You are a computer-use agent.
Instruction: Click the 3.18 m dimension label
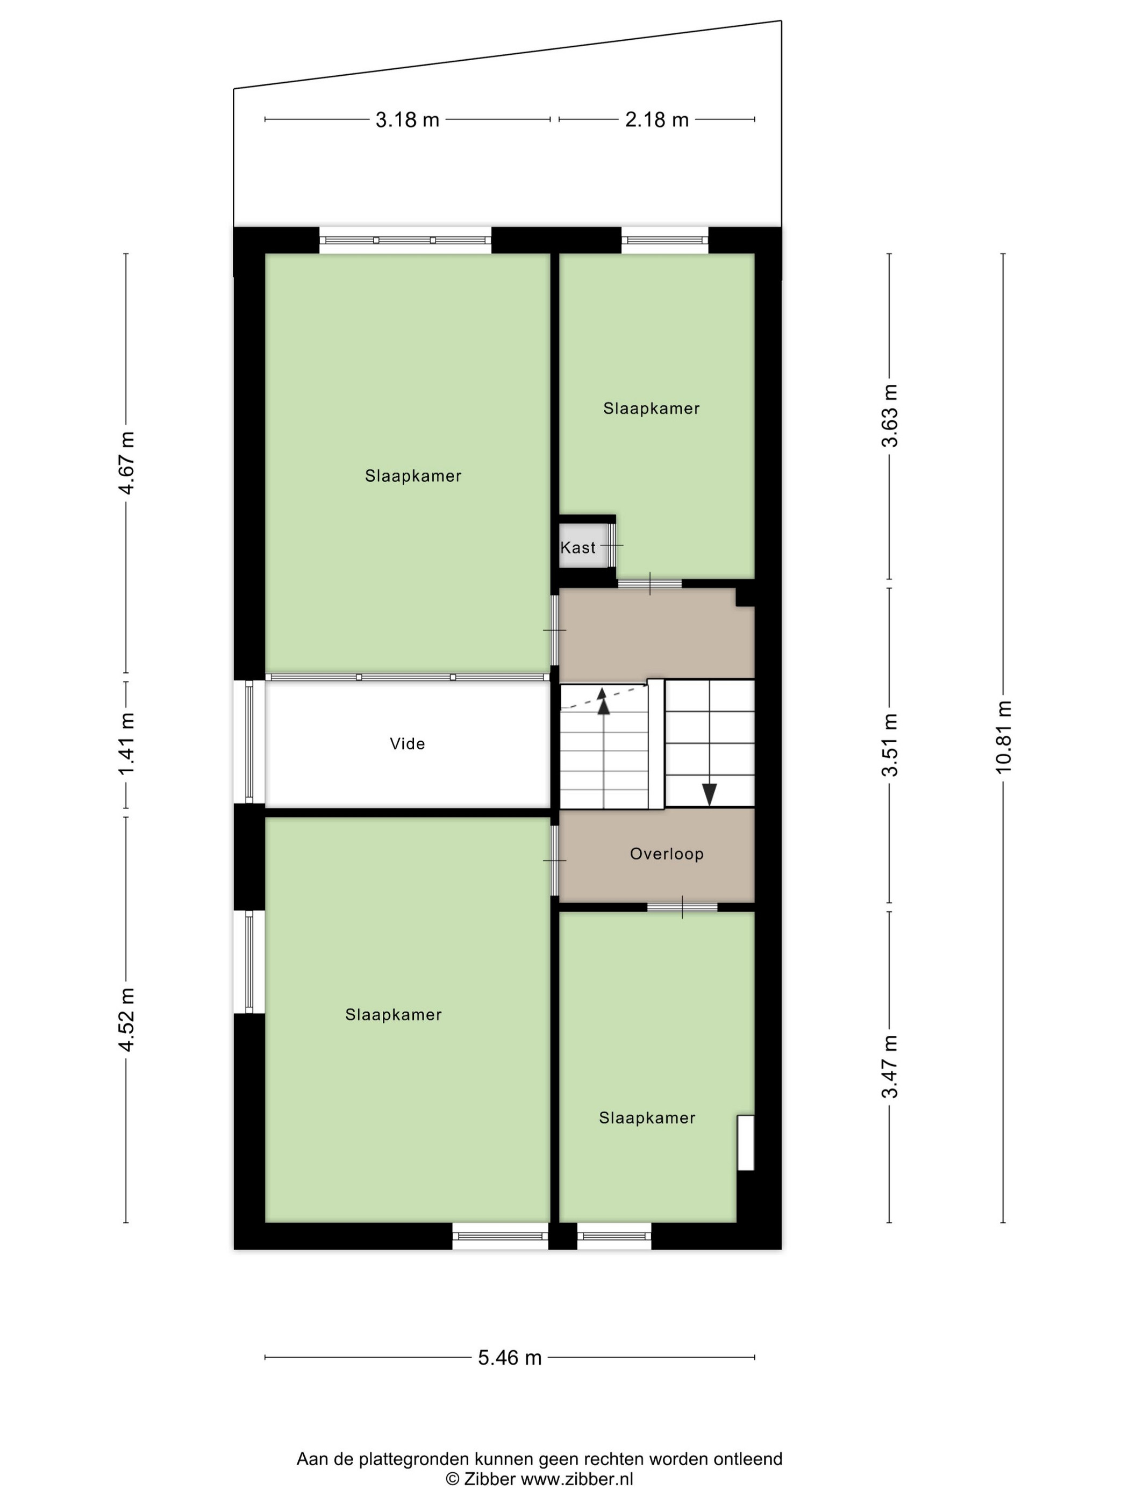pyautogui.click(x=407, y=120)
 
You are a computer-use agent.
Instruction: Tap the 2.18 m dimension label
pyautogui.click(x=657, y=120)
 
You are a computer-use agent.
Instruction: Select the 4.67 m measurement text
pyautogui.click(x=126, y=463)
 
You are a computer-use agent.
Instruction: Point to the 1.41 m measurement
pyautogui.click(x=126, y=744)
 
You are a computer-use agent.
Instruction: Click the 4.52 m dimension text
pyautogui.click(x=126, y=1019)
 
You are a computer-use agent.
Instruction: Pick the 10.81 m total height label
pyautogui.click(x=1004, y=736)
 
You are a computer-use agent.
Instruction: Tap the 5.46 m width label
pyautogui.click(x=510, y=1358)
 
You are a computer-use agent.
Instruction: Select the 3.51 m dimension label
pyautogui.click(x=889, y=745)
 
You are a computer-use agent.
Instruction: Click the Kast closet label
pyautogui.click(x=578, y=548)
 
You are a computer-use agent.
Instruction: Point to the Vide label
pyautogui.click(x=407, y=744)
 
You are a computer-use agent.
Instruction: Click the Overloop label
pyautogui.click(x=666, y=854)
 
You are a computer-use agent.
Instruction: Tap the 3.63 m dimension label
pyautogui.click(x=889, y=415)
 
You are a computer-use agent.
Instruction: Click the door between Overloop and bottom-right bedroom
pyautogui.click(x=682, y=907)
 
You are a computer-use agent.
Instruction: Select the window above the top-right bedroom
pyautogui.click(x=664, y=240)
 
